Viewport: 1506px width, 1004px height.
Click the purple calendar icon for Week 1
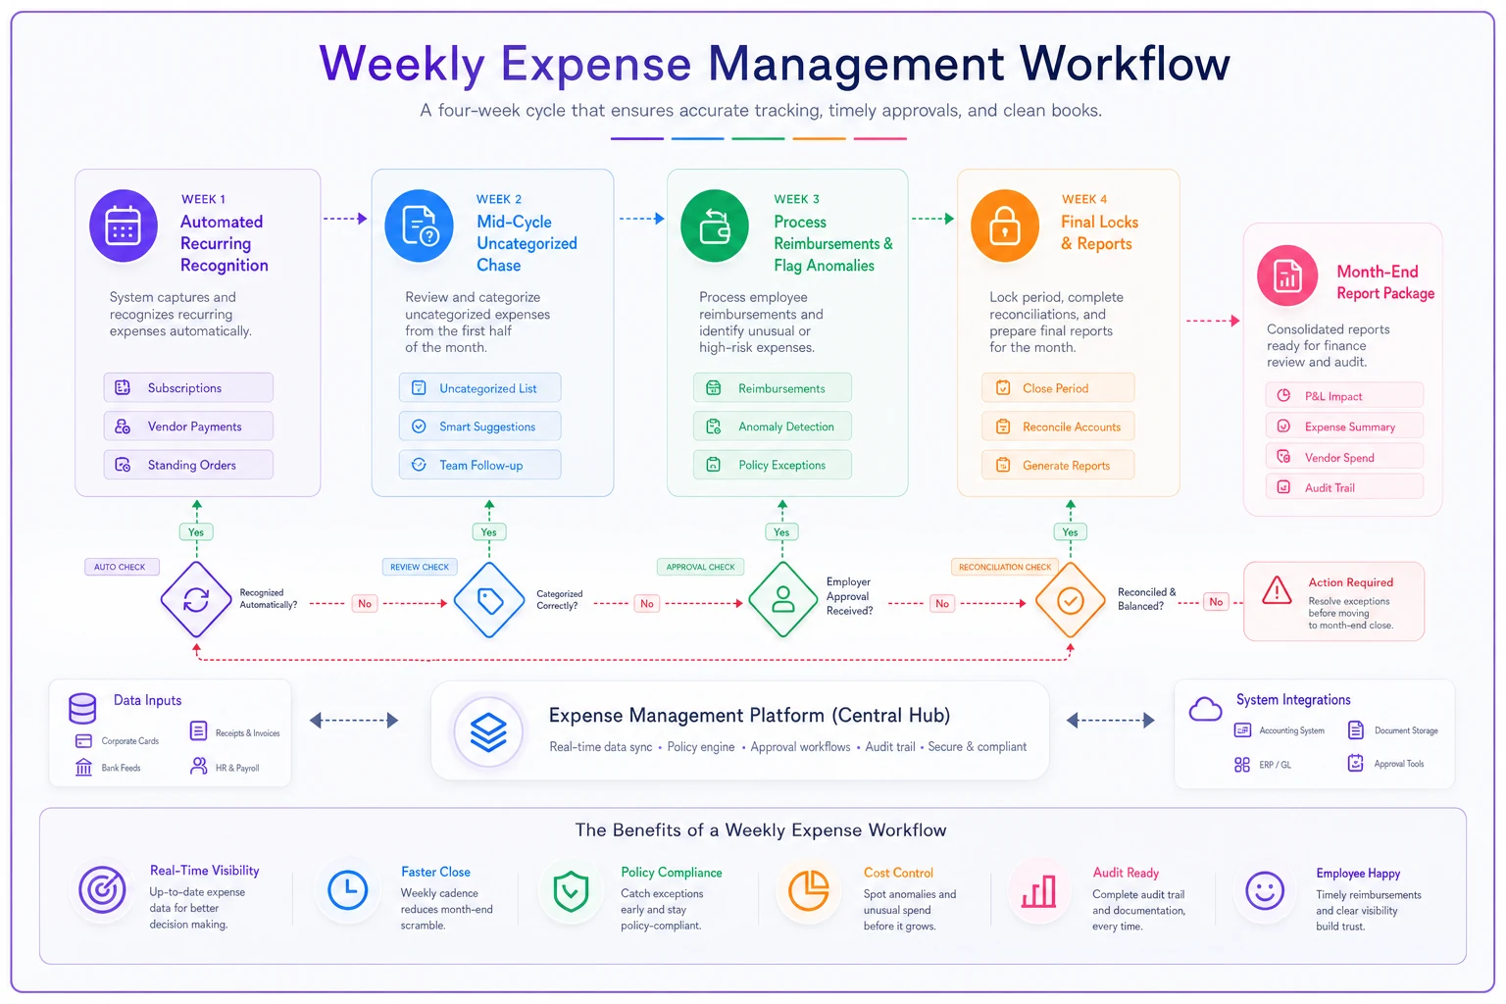coord(123,226)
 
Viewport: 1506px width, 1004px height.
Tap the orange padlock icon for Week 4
coord(1004,226)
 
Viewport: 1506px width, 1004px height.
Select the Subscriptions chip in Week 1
coord(188,388)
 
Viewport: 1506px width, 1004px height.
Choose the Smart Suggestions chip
coord(479,427)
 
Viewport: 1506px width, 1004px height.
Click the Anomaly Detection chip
coord(773,427)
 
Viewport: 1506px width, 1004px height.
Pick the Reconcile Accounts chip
coord(1058,427)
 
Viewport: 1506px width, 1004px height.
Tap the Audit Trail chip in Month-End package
coord(1344,487)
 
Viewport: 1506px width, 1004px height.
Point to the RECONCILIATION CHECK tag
coord(1004,567)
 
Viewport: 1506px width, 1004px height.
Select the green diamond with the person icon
coord(782,600)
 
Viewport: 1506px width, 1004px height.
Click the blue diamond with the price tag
coord(489,600)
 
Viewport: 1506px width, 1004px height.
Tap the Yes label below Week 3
coord(781,532)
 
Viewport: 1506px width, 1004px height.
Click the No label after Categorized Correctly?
coord(647,603)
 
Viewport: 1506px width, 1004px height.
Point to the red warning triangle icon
coord(1277,590)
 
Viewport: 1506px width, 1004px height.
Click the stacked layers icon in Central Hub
coord(489,731)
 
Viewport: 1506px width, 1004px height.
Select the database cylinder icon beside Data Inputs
coord(82,708)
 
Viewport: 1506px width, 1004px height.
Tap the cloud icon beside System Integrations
coord(1205,710)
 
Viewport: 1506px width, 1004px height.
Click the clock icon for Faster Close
coord(348,890)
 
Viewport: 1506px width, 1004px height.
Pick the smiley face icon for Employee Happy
coord(1265,891)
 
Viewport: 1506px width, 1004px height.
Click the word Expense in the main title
coord(596,64)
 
